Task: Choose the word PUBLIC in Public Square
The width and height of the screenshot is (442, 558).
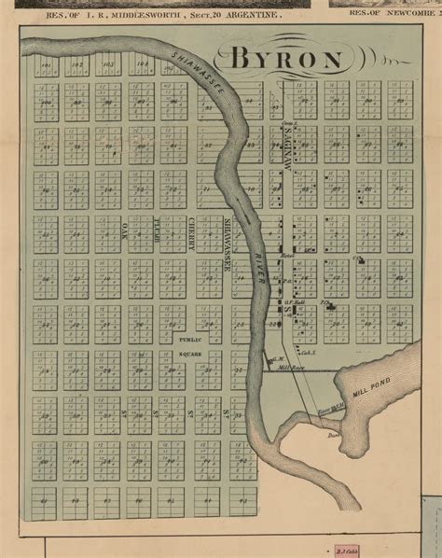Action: (190, 341)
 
